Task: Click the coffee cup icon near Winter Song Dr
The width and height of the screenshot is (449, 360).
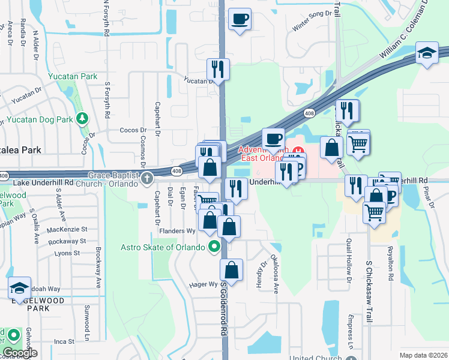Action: [x=240, y=19]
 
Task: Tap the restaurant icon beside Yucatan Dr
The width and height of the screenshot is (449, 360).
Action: [x=218, y=70]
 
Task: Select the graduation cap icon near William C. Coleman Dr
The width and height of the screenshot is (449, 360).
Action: [x=428, y=55]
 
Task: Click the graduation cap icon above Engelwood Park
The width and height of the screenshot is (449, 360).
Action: [x=19, y=289]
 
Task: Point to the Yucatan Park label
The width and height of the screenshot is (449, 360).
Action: [x=73, y=77]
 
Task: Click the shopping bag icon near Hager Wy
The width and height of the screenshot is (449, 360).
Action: [x=232, y=270]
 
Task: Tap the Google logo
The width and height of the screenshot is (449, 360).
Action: [x=19, y=353]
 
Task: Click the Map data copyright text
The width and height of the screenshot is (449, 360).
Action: [x=423, y=355]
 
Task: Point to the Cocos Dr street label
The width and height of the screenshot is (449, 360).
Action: [x=133, y=130]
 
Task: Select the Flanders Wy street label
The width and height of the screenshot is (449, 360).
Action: [x=177, y=231]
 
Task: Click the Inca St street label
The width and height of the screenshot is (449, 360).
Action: [x=64, y=341]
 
